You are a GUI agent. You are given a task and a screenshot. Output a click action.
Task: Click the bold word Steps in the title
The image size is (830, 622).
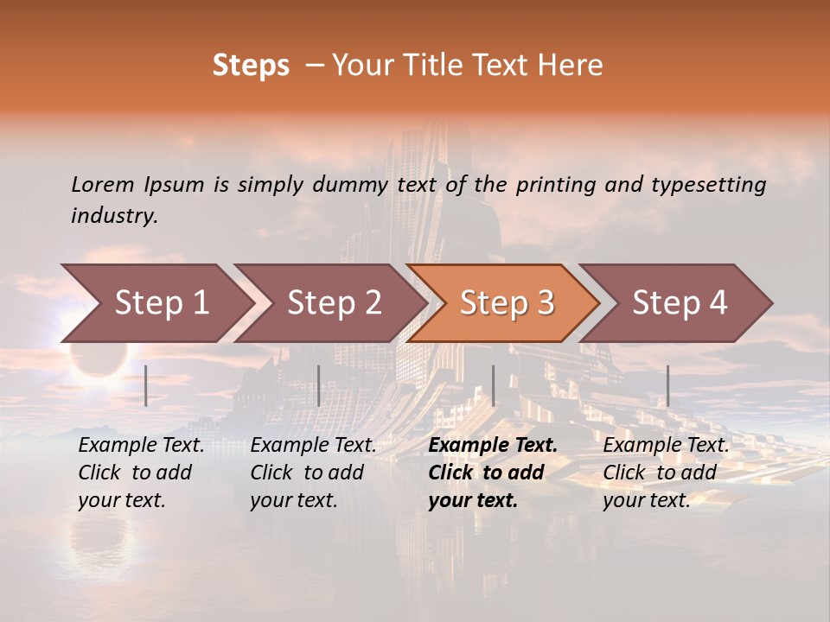click(251, 66)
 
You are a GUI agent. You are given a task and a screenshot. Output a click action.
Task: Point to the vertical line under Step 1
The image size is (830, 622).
click(146, 385)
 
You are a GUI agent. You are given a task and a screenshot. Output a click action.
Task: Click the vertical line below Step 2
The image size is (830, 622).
click(319, 385)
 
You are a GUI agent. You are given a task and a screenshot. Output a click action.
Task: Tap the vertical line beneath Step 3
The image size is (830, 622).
click(494, 385)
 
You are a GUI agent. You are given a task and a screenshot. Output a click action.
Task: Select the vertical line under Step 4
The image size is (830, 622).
click(668, 385)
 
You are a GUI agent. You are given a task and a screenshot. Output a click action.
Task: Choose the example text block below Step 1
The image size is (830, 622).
click(141, 473)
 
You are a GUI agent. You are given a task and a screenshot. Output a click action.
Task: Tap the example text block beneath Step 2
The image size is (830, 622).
click(313, 473)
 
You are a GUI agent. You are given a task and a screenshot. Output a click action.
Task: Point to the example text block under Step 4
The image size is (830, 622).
click(666, 473)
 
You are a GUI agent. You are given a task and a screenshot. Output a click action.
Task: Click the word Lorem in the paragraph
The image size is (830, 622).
click(103, 185)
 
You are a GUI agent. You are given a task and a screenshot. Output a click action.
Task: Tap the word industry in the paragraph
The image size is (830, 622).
click(113, 216)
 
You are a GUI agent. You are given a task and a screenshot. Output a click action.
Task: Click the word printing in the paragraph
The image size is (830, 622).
click(553, 185)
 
